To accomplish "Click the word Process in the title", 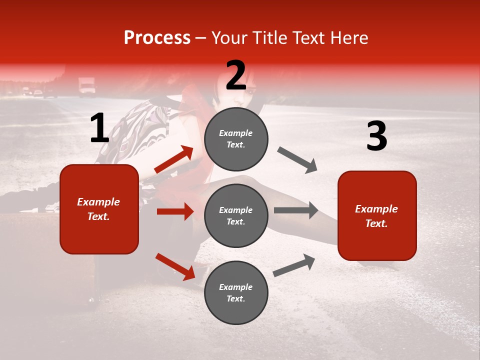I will click(x=157, y=38).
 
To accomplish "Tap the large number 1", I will click(x=99, y=128).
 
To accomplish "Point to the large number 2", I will click(x=236, y=75).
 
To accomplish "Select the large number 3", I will click(x=376, y=136).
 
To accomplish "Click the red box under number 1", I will click(x=99, y=209).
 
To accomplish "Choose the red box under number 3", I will click(x=377, y=216).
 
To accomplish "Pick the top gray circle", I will click(x=236, y=139).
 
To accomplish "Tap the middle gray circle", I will click(x=236, y=216).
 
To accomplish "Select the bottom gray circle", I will click(x=236, y=293).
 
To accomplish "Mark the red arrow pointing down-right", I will click(x=175, y=266).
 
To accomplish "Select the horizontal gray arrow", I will click(x=296, y=210).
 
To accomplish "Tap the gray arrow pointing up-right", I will click(x=294, y=265).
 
